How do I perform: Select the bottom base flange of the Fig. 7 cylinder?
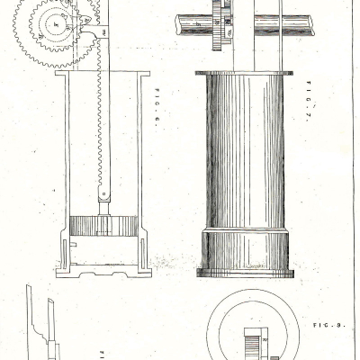(x=244, y=271)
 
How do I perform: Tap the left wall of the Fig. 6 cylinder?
(x=59, y=162)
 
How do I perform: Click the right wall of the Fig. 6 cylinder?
(x=142, y=162)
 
